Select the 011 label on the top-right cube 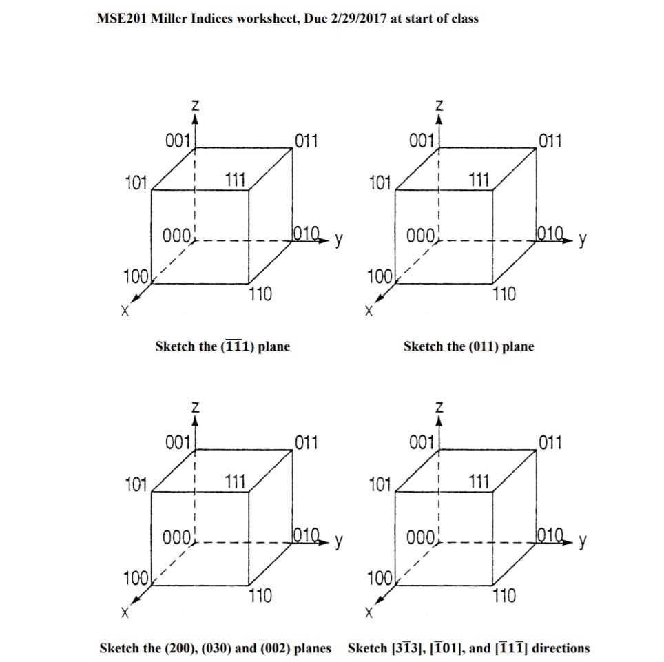pos(550,142)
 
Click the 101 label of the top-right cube pos(380,183)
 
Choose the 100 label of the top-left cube pos(135,277)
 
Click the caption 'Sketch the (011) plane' pos(468,346)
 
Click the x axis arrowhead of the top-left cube pos(136,298)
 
